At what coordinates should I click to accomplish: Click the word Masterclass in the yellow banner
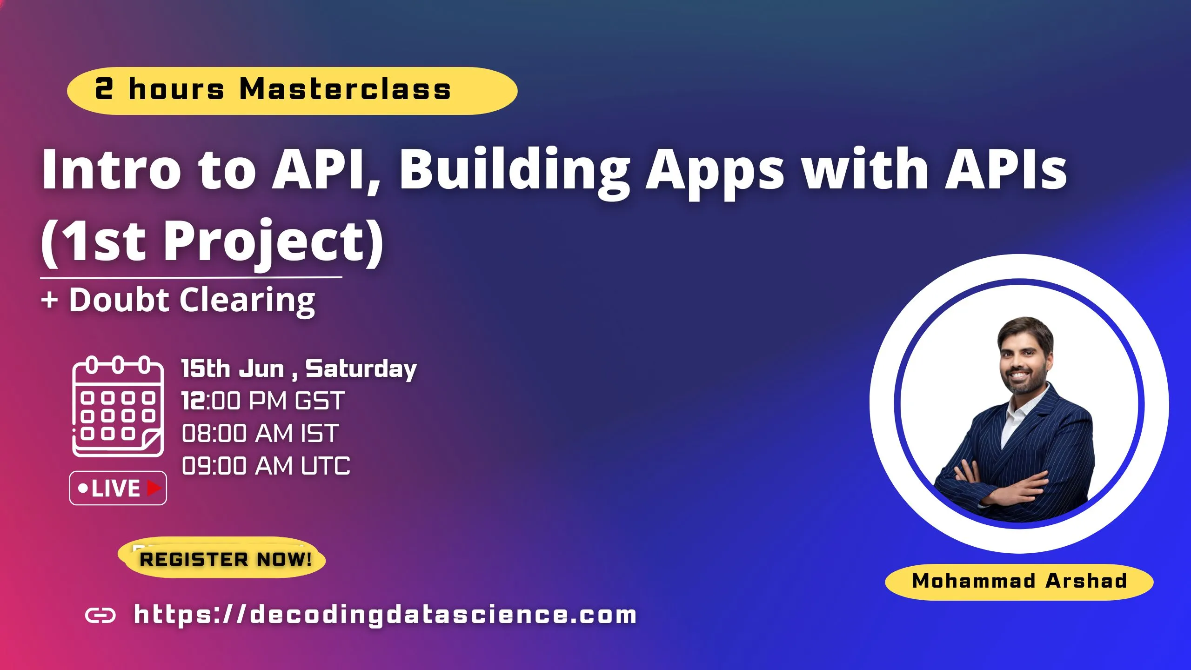[345, 89]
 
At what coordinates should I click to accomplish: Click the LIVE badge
[118, 488]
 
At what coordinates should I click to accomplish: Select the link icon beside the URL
[100, 616]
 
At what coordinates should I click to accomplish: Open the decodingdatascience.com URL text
[385, 615]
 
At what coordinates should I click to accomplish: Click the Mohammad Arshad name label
[1019, 581]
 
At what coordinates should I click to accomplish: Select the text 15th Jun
[232, 369]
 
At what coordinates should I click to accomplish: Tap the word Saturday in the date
[361, 369]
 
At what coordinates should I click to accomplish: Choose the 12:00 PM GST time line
[263, 401]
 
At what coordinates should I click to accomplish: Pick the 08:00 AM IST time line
[260, 433]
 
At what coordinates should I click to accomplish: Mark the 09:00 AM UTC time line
[266, 466]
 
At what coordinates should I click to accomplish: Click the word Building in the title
[514, 170]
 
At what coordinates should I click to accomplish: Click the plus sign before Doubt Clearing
[49, 300]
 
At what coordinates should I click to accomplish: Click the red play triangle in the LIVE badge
[154, 488]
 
